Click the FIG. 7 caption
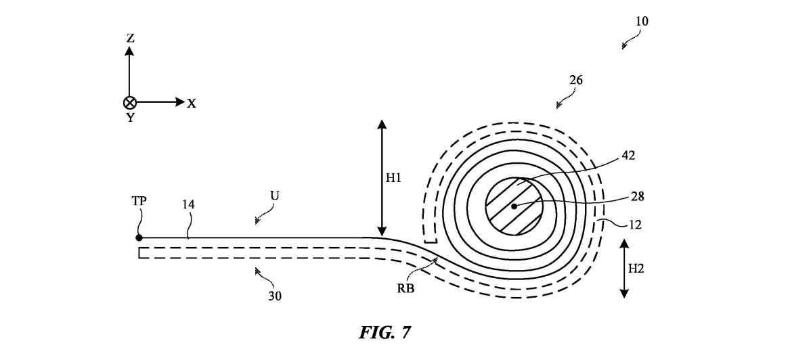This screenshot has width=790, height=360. point(385,332)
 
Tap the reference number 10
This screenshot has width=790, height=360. point(642,21)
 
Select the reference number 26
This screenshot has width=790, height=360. point(576,80)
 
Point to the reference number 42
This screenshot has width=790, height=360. point(629,156)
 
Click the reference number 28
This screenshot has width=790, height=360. point(638,196)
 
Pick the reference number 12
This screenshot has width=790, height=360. point(636,225)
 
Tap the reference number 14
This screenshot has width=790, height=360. point(189,204)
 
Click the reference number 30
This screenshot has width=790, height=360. point(275,296)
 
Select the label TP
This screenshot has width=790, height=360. point(139,200)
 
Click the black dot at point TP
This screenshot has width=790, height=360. point(139,238)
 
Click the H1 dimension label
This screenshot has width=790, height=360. point(393,178)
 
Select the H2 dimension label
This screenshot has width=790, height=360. point(636,269)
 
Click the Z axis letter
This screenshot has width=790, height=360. point(131,38)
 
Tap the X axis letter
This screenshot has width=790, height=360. point(192,104)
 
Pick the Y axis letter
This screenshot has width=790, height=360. point(131,118)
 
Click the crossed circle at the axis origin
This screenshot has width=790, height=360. point(130,102)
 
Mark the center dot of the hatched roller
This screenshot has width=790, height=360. point(514,206)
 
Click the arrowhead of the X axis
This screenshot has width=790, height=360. point(180,102)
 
